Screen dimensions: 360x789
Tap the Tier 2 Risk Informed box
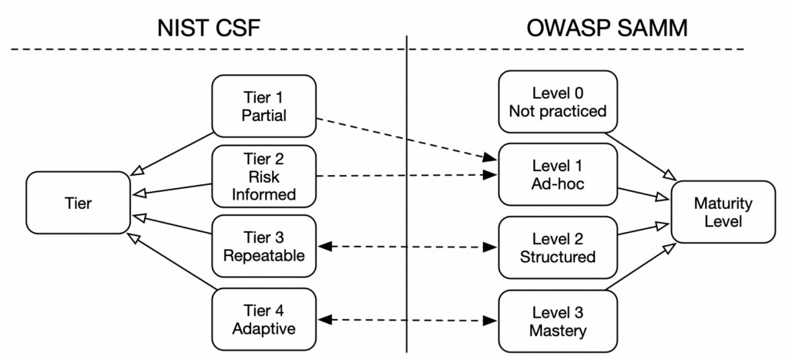[x=264, y=177]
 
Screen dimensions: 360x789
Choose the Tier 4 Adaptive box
[x=264, y=319]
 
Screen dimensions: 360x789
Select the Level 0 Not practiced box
[x=558, y=102]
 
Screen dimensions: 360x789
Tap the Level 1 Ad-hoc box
[x=558, y=176]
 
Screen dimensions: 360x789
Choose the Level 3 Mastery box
[x=558, y=321]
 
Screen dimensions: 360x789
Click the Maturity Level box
[x=723, y=211]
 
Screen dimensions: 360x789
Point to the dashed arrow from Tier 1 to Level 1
[x=405, y=140]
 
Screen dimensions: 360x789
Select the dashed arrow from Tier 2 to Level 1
[x=405, y=176]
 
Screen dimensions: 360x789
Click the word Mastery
[x=558, y=331]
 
